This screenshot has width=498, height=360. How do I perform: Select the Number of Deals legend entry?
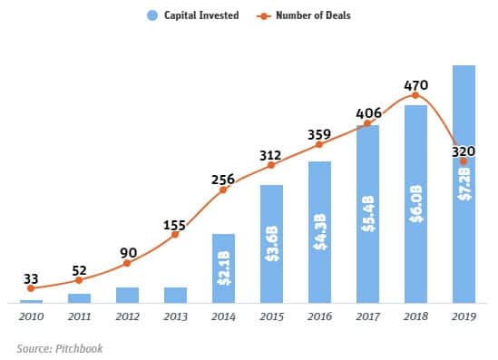point(312,15)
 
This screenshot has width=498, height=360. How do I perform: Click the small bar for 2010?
point(31,301)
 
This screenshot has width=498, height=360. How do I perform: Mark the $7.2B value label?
point(464,182)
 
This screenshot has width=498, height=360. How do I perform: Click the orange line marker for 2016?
point(319,144)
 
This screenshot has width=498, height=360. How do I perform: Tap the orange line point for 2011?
point(79,280)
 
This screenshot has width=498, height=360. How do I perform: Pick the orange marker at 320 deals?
point(464,161)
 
